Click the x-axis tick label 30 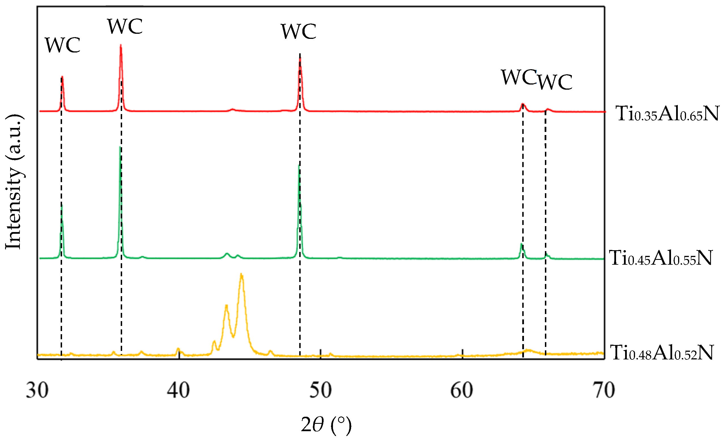37,391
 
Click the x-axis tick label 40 178,391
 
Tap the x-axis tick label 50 320,391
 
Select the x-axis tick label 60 462,391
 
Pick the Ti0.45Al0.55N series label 660,258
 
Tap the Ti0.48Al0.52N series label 661,352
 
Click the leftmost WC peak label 62,46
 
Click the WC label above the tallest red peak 125,26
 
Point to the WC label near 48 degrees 299,31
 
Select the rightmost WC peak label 555,81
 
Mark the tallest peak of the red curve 121,46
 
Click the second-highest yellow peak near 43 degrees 226,306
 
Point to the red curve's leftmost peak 62,77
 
